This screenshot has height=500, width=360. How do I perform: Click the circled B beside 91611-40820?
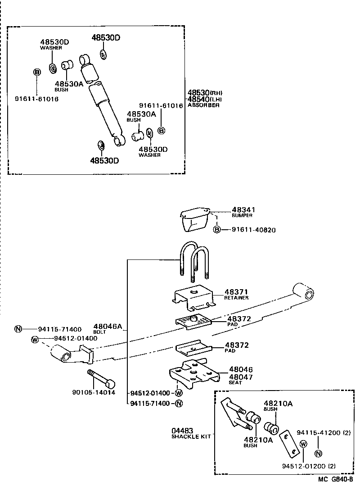click(x=217, y=230)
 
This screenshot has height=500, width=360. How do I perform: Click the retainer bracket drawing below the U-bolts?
click(x=194, y=298)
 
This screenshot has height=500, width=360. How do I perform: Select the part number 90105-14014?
click(x=93, y=392)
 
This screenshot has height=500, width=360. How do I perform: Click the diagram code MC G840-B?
click(x=335, y=492)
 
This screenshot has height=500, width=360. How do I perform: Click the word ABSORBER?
click(x=203, y=105)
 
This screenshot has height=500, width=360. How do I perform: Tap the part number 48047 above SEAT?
click(x=240, y=377)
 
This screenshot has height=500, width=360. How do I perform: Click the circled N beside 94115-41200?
click(x=319, y=454)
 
